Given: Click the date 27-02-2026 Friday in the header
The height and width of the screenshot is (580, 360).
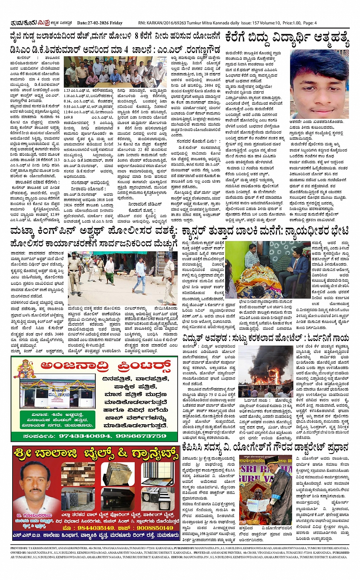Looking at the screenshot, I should click(x=99, y=23).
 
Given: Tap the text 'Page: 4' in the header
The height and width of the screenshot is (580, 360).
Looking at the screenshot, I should click(x=310, y=23).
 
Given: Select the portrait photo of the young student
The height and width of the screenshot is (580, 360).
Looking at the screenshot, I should click(x=319, y=84).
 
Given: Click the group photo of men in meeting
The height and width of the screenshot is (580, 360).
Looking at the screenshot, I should click(x=115, y=72).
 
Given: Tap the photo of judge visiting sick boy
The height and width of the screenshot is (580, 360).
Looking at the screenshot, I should click(x=267, y=269).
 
